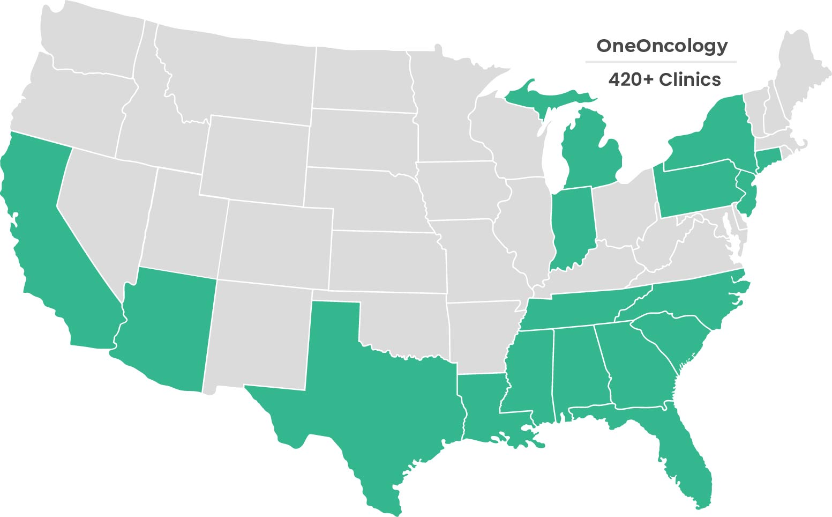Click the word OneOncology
click(662, 46)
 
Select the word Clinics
click(690, 79)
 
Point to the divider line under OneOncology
click(661, 62)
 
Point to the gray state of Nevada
click(102, 215)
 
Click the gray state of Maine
click(798, 70)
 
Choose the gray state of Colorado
click(276, 241)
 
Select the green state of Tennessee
click(589, 308)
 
